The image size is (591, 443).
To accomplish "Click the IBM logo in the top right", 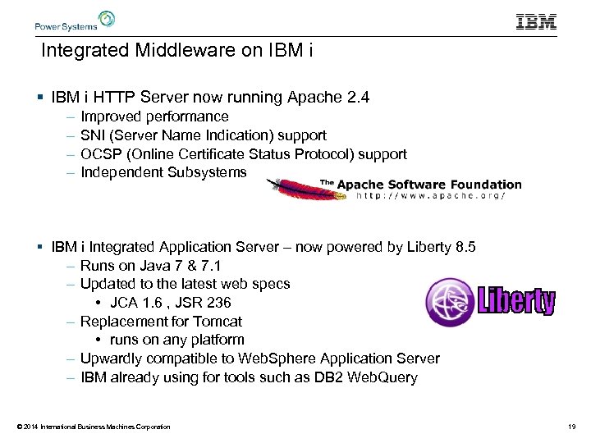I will (536, 21).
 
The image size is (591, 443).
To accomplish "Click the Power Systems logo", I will (75, 21).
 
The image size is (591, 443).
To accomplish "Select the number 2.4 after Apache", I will (358, 98).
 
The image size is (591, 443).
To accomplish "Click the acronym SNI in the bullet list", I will (93, 135).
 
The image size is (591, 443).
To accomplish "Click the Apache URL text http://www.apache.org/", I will (431, 196).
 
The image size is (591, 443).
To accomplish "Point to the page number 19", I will (570, 427).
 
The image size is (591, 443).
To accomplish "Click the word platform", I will (217, 340).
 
